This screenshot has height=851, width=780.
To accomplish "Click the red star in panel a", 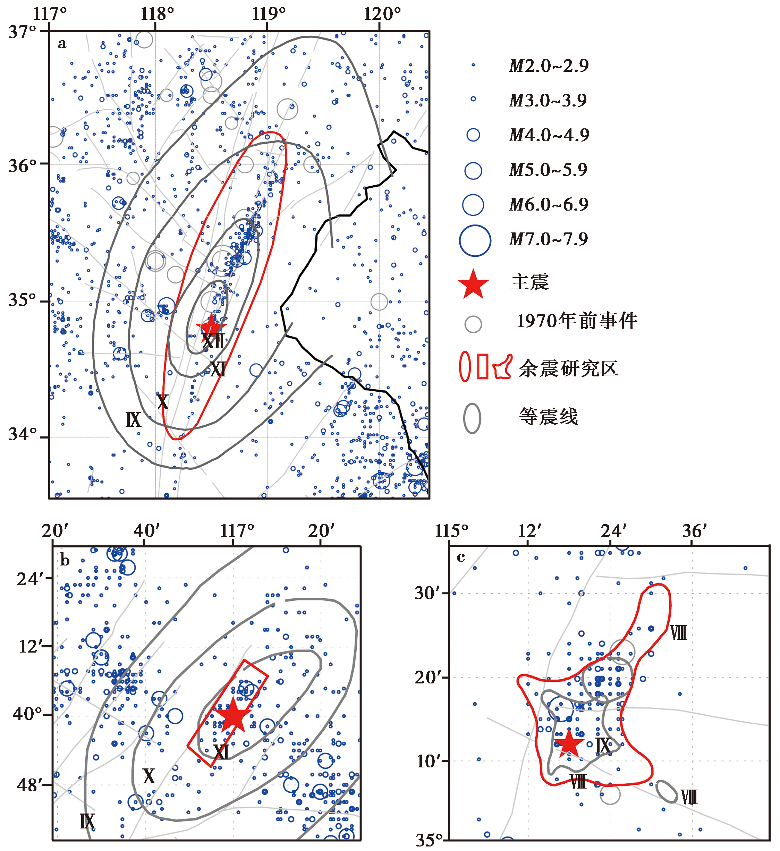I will (x=211, y=326).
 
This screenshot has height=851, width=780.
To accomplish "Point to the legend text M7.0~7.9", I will (x=548, y=240).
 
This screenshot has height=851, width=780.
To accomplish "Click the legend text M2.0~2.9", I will (x=548, y=66).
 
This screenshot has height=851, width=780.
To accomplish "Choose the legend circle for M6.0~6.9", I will (x=473, y=205).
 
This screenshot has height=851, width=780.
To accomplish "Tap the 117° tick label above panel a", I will (x=50, y=14).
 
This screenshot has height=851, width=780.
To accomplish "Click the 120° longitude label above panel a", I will (x=382, y=14).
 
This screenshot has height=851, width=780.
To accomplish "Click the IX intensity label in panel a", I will (x=133, y=419).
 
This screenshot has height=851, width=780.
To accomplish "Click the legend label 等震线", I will (x=548, y=417).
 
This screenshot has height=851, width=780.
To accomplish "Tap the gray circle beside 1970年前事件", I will (x=473, y=324).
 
